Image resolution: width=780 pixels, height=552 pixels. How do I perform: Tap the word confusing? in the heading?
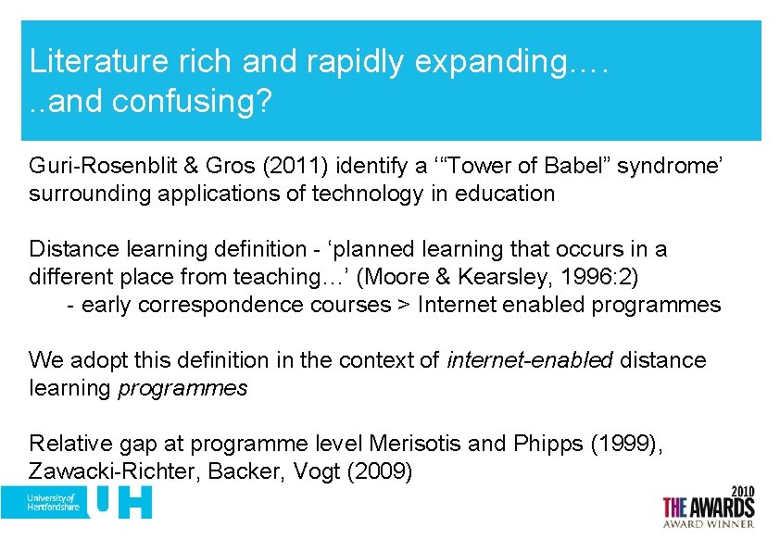click(192, 101)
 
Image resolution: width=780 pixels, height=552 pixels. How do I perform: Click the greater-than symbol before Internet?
click(404, 305)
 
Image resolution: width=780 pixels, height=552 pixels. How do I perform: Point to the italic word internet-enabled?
click(530, 360)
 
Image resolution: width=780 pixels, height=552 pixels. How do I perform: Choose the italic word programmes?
click(183, 388)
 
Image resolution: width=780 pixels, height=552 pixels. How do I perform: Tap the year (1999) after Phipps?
click(625, 444)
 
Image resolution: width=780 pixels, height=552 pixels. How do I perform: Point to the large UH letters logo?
click(120, 502)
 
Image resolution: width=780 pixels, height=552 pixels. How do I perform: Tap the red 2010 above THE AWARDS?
click(743, 489)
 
